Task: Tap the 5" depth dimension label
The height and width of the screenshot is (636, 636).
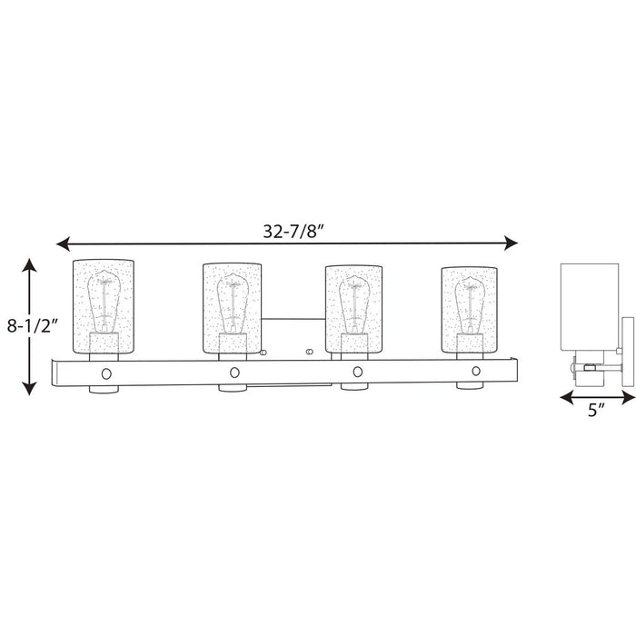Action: click(595, 409)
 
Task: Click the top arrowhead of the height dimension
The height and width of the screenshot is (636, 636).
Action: click(30, 265)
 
